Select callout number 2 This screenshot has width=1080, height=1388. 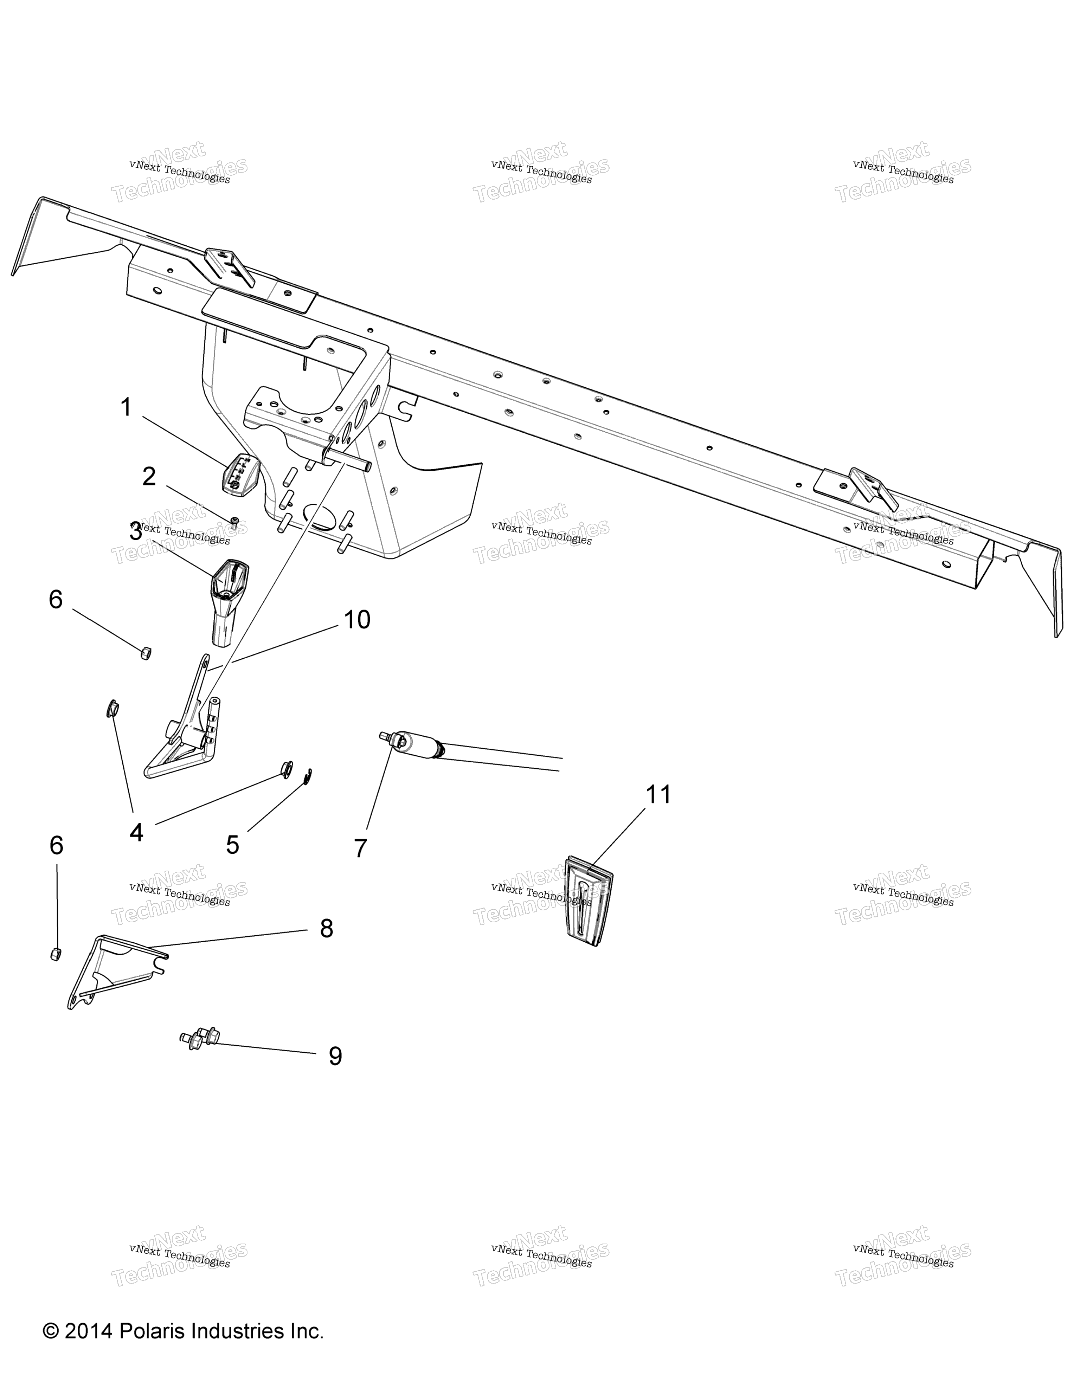click(149, 477)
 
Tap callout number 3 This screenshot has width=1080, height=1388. click(135, 531)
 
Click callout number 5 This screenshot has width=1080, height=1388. click(233, 845)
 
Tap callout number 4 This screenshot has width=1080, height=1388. click(136, 832)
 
